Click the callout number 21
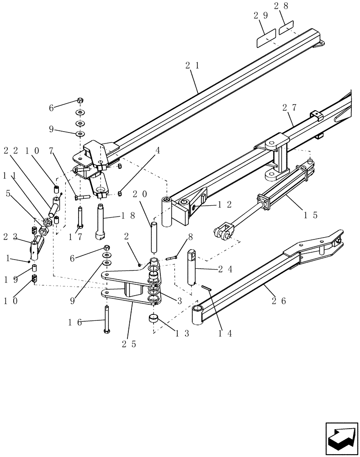[x=192, y=66]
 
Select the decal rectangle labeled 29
[x=265, y=39]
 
